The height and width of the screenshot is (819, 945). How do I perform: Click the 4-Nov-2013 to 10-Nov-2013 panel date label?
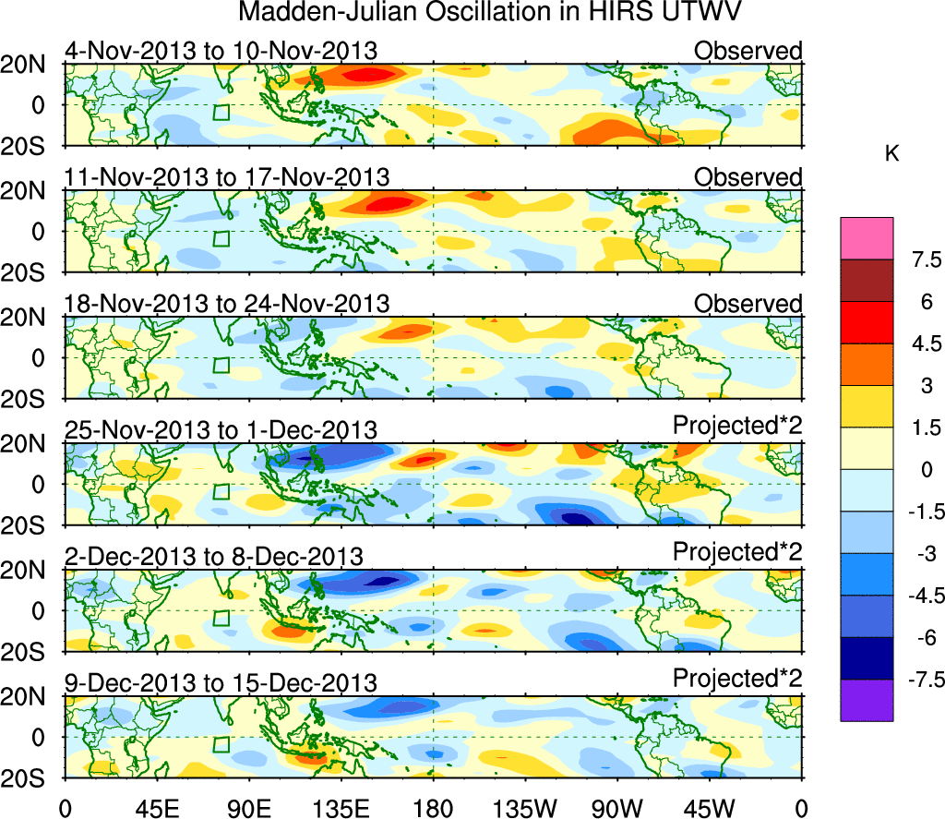point(221,51)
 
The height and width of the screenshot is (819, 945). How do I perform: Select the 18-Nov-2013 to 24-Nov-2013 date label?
point(226,303)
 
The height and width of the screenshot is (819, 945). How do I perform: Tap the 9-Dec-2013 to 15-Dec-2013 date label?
point(221,683)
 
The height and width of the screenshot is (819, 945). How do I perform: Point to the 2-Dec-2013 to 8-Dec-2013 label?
point(213,556)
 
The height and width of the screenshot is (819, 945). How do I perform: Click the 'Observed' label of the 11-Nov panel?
point(748,176)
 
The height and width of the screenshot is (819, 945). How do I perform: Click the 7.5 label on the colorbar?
point(918,259)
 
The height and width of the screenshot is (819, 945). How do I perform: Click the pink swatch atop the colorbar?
point(867,238)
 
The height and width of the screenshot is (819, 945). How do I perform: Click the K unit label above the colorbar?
point(891,154)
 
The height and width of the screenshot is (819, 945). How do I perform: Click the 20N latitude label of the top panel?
point(31,65)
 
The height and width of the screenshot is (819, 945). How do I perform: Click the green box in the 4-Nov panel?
point(221,113)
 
